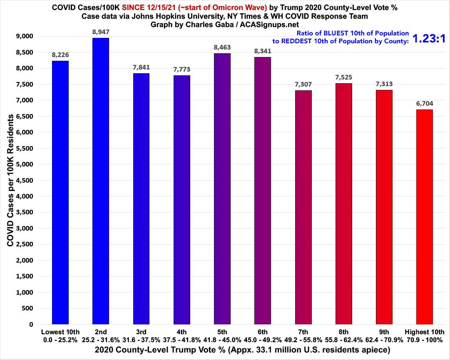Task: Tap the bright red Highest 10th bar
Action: pos(425,216)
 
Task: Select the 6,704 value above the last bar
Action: pos(425,104)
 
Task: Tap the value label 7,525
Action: pos(343,78)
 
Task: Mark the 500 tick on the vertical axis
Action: pos(29,308)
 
